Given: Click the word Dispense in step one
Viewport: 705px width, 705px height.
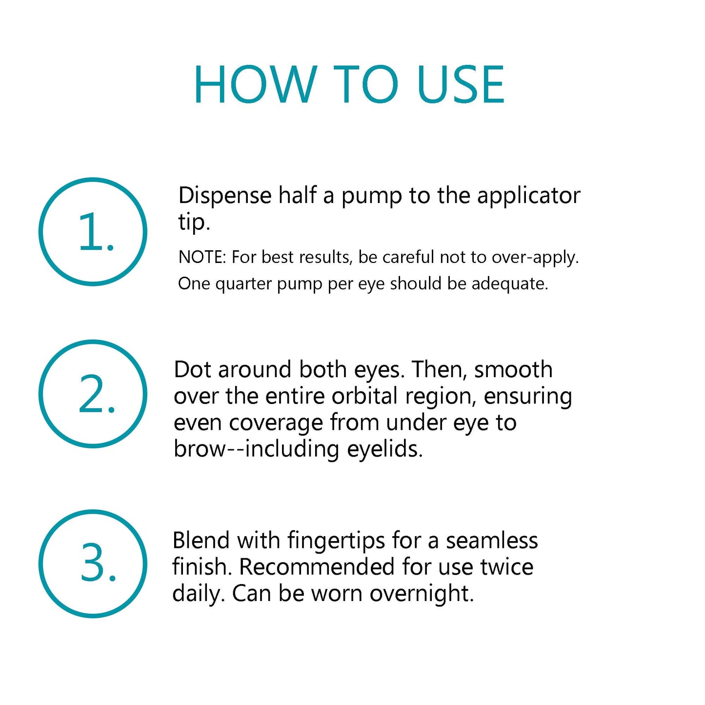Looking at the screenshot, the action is tap(224, 196).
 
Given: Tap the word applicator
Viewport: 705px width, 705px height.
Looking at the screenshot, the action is tap(529, 197).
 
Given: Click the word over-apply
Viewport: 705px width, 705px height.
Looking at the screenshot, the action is tap(535, 258).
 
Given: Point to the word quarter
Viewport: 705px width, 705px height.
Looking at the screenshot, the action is tap(243, 284).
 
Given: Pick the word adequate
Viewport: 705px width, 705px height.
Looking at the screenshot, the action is tap(510, 284).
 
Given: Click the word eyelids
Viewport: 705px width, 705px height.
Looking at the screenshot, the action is tap(385, 450).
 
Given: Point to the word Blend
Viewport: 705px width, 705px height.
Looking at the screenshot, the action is tap(201, 541).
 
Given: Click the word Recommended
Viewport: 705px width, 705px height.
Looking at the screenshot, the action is tap(317, 567).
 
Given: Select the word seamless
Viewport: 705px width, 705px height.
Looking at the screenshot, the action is tap(492, 541).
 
